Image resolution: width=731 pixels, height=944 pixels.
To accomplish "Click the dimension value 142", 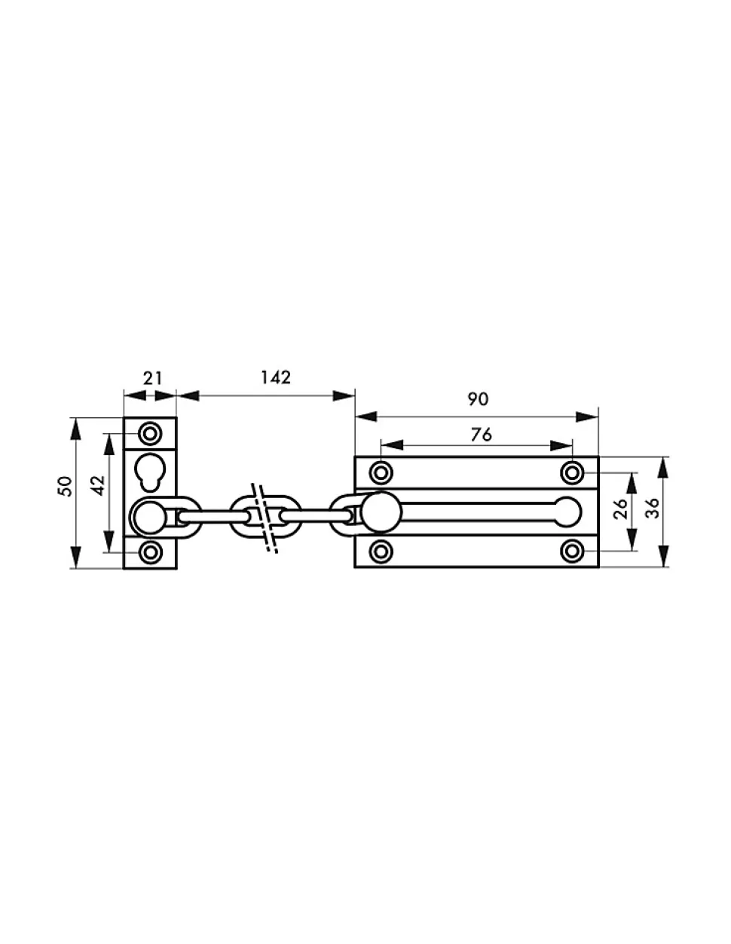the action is coord(275,377).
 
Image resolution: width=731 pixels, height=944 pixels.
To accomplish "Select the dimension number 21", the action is coord(152,378).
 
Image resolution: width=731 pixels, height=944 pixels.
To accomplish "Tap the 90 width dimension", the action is coord(478,399).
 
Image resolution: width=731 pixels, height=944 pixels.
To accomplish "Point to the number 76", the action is coord(481,435).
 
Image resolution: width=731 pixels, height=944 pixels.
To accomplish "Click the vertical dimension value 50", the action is coord(65,486).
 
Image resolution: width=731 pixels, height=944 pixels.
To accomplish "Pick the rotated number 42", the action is coord(99,485).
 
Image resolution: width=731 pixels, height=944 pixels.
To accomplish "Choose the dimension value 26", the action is coord(619,509).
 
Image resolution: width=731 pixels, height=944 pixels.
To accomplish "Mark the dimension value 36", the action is coord(652,508).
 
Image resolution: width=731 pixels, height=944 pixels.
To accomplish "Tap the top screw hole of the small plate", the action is coord(150,433).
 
